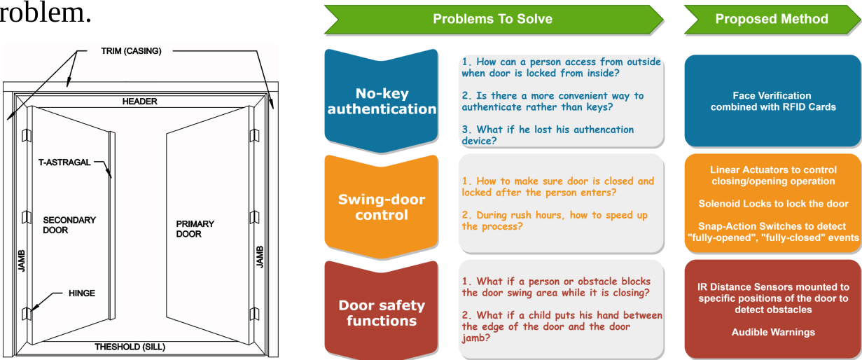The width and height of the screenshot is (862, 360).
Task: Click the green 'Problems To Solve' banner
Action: (x=492, y=19)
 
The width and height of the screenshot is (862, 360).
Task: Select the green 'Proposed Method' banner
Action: (x=771, y=19)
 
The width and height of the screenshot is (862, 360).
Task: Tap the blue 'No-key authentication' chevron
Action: (x=382, y=101)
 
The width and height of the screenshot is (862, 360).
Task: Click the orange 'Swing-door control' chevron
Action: (x=382, y=207)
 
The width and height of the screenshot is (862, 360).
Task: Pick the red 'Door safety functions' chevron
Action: (x=382, y=313)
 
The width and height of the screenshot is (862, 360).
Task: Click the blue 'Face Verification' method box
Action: (x=772, y=101)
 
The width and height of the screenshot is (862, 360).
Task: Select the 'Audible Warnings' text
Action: (x=773, y=332)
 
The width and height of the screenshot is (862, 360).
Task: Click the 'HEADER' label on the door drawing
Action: (x=140, y=102)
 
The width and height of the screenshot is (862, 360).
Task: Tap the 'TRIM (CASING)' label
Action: (x=131, y=51)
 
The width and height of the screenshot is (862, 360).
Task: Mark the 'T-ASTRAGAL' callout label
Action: (x=64, y=162)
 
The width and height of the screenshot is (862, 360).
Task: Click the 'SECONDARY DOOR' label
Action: (x=69, y=225)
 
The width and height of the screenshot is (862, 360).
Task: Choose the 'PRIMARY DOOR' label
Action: (x=195, y=229)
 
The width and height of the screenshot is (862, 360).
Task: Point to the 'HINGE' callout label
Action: (x=82, y=293)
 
